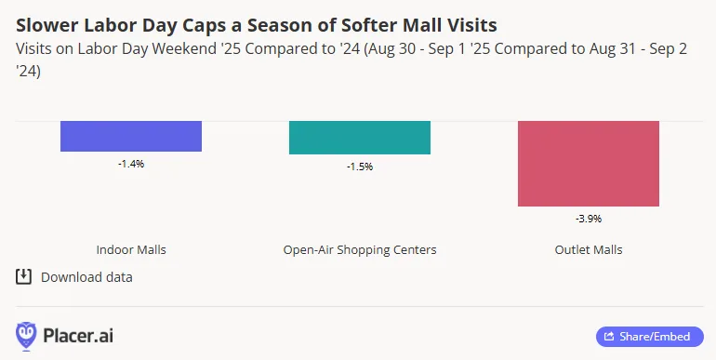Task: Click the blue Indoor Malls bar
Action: point(131,136)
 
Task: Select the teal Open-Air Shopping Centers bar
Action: point(360,138)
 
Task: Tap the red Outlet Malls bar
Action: point(589,164)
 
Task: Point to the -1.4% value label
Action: point(131,164)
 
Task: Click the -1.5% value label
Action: point(360,167)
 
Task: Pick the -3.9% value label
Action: point(589,219)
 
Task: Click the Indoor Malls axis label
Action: point(131,250)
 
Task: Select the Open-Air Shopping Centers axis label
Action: point(360,250)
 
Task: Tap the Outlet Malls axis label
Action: point(589,250)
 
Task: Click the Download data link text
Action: point(86,277)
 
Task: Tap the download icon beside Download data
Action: point(24,276)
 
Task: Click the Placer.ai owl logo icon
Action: point(27,335)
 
